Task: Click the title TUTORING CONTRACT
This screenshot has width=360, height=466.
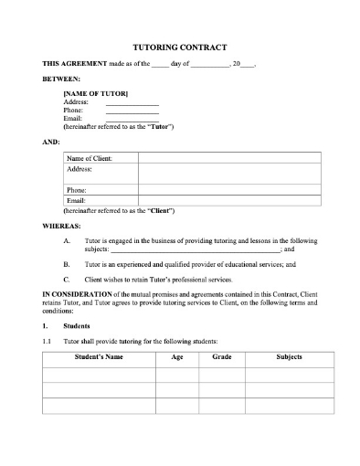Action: click(x=180, y=47)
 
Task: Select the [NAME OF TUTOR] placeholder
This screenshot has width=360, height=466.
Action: click(x=95, y=94)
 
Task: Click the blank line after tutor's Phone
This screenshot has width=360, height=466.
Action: click(x=132, y=111)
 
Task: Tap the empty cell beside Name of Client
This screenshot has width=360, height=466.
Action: click(x=228, y=158)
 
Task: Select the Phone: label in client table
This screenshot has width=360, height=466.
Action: click(x=79, y=190)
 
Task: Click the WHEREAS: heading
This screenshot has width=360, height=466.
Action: click(x=61, y=225)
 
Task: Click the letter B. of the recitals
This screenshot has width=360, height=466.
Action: click(x=67, y=263)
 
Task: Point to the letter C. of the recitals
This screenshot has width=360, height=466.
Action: click(x=67, y=279)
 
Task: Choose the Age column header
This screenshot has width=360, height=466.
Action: click(x=176, y=357)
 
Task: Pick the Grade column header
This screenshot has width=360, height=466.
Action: click(x=221, y=357)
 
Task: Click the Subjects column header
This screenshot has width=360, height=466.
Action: click(x=289, y=357)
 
